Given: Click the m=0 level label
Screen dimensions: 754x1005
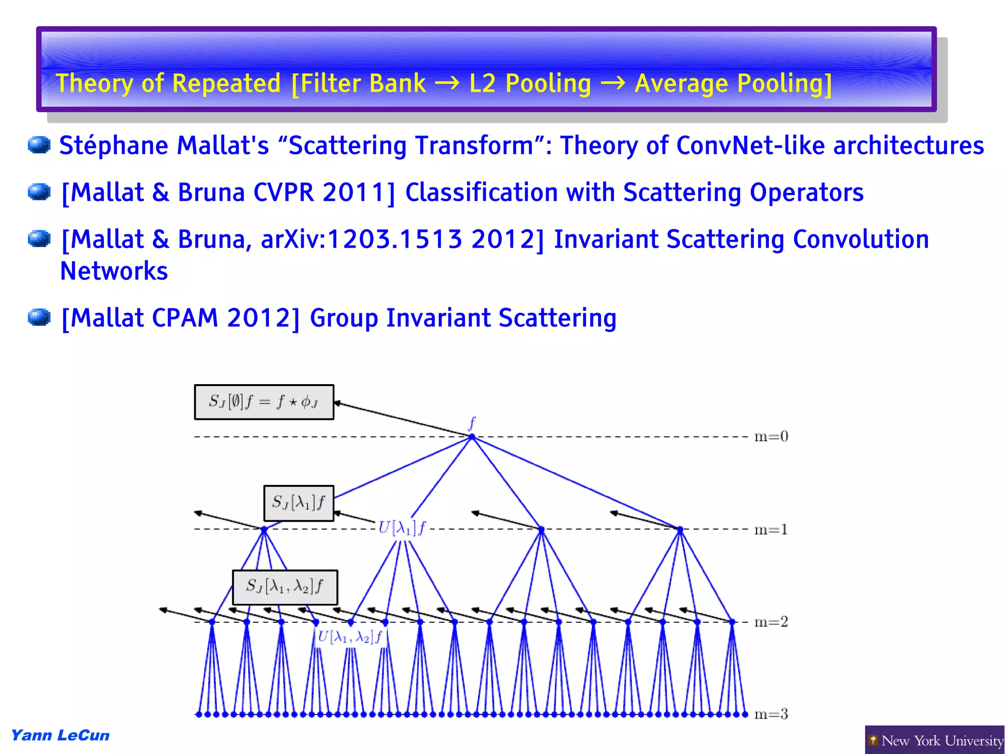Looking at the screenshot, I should (770, 436).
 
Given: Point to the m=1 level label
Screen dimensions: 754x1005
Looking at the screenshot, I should (770, 530).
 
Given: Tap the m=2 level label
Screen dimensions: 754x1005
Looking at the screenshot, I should (770, 622).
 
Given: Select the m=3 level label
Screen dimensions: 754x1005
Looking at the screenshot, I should (770, 714).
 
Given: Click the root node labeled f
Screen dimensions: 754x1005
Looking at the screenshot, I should (472, 436).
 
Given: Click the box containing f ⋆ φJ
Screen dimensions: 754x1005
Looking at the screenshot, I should (264, 402).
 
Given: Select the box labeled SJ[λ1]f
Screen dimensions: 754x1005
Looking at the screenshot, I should (298, 503).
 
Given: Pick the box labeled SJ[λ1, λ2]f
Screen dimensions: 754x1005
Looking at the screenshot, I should (285, 587).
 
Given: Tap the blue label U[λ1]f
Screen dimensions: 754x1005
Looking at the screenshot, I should (402, 529).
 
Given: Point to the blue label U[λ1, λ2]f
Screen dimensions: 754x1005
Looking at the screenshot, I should (350, 638).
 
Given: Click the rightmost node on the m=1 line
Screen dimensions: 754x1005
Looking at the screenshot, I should (680, 530).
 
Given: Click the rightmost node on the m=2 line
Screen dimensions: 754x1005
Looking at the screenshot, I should (732, 622).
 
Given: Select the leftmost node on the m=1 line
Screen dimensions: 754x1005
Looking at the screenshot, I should (264, 530).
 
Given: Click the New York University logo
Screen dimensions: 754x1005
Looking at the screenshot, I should (934, 740).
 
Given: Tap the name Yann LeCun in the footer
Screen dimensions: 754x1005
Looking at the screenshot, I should (60, 735).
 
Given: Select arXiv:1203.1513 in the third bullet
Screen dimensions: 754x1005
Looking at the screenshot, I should (362, 240).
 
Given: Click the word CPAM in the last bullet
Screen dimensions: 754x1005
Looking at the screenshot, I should (185, 318).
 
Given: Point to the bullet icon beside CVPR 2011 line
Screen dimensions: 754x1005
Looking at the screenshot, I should (39, 192).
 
